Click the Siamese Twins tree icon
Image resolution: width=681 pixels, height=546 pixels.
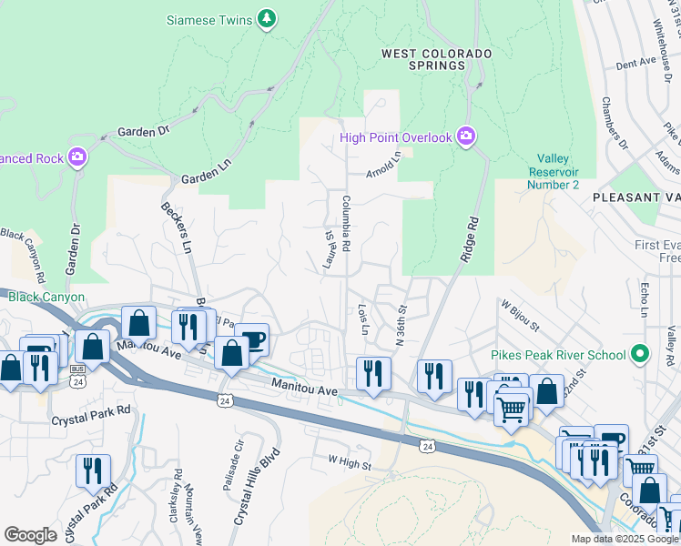[266, 18]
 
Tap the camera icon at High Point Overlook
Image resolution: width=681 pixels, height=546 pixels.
[466, 136]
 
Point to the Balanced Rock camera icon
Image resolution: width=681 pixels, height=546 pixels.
[78, 157]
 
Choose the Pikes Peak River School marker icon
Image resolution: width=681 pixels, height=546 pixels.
[641, 354]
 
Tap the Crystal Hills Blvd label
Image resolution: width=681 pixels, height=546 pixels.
[255, 490]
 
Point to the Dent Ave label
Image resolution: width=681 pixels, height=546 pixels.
[635, 63]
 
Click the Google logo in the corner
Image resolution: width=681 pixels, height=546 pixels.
[31, 535]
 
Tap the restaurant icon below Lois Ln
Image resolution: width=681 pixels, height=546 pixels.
[374, 373]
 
